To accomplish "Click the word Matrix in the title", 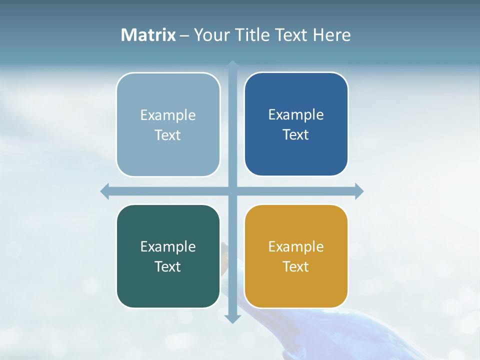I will pos(148,35).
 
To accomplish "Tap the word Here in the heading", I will pos(331,35).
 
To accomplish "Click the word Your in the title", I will pos(210,35).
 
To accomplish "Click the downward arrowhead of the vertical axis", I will pos(232,318).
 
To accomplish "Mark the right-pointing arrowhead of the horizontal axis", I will pos(359,191).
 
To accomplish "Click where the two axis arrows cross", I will pos(232,191).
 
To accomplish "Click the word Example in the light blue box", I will pos(168,115).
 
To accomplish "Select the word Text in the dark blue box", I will pos(296,135).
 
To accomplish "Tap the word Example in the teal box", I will pos(168,247).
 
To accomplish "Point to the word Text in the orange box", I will pos(296,267).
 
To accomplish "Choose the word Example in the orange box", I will pos(296,247).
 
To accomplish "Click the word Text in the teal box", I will pos(168,267).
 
